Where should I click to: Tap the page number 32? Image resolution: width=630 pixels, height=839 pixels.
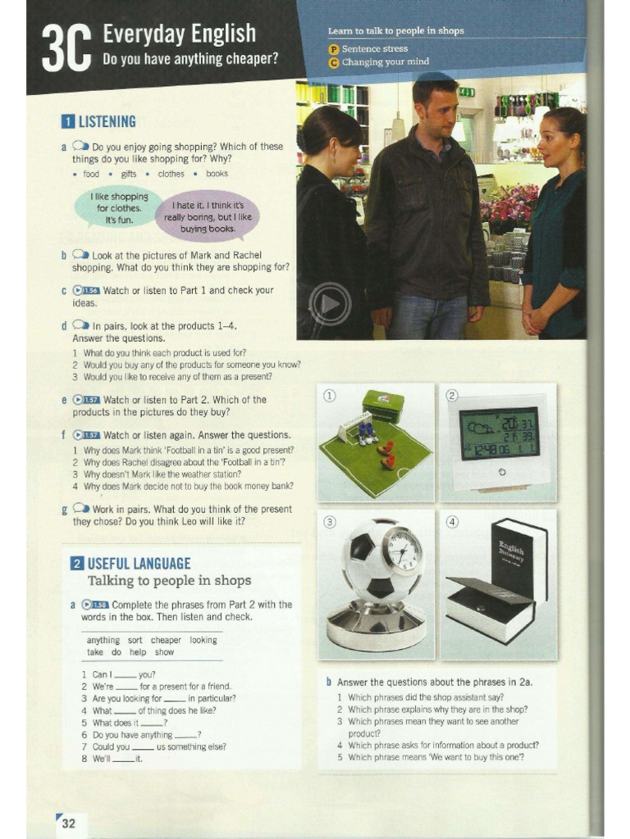pyautogui.click(x=69, y=823)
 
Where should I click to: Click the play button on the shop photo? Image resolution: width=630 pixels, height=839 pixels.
pyautogui.click(x=330, y=304)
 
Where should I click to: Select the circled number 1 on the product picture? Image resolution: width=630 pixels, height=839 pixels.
pyautogui.click(x=330, y=396)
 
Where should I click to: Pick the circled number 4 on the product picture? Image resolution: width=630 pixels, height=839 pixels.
pyautogui.click(x=452, y=522)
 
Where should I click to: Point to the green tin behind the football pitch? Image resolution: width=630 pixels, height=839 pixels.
pyautogui.click(x=382, y=406)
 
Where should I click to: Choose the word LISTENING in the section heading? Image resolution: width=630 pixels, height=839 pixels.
pyautogui.click(x=107, y=122)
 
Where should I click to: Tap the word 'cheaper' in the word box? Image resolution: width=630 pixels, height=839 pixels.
pyautogui.click(x=166, y=640)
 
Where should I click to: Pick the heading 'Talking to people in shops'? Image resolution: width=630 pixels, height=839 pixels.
pyautogui.click(x=169, y=581)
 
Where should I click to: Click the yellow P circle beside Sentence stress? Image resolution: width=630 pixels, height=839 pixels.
pyautogui.click(x=333, y=49)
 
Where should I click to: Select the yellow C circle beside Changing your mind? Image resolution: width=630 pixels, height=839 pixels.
pyautogui.click(x=333, y=62)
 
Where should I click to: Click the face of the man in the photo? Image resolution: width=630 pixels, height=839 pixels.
pyautogui.click(x=441, y=112)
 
